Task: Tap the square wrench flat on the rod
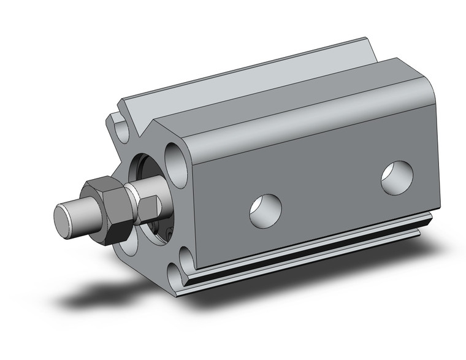pyautogui.click(x=148, y=207)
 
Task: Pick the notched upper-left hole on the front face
pyautogui.click(x=121, y=127)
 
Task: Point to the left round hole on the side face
pyautogui.click(x=265, y=210)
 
